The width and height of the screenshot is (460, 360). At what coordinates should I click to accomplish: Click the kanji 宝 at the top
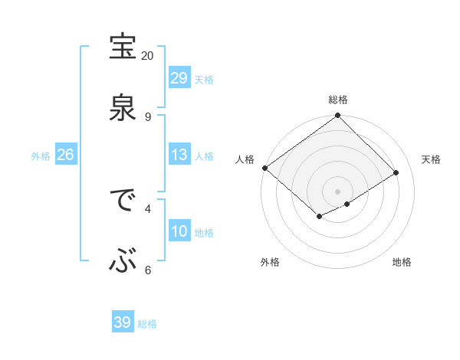[x=123, y=47]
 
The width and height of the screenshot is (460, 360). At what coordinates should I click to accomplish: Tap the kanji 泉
[x=123, y=107]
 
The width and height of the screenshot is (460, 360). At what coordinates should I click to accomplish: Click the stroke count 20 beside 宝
[x=147, y=55]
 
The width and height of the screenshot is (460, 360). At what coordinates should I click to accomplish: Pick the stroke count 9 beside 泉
[x=147, y=116]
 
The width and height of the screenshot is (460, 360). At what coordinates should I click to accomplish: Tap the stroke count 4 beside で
[x=148, y=208]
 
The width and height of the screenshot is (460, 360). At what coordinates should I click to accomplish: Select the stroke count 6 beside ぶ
[x=148, y=270]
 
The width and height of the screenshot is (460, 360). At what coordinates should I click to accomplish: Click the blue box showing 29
[x=179, y=78]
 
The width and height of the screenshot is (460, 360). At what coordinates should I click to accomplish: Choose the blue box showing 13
[x=179, y=155]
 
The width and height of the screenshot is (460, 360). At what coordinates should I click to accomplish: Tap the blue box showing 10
[x=179, y=231]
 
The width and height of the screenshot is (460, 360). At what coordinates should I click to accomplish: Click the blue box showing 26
[x=65, y=155]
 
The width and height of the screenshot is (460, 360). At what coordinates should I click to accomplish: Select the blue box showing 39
[x=123, y=322]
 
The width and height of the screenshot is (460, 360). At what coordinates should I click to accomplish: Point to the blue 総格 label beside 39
[x=147, y=324]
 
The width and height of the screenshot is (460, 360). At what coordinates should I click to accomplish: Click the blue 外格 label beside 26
[x=41, y=156]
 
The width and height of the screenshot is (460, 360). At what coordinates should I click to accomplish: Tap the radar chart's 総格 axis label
[x=338, y=100]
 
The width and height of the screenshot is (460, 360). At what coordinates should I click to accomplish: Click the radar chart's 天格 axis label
[x=431, y=159]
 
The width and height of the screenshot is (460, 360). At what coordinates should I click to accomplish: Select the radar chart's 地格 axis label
[x=402, y=262]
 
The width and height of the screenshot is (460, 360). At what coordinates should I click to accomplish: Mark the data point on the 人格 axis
[x=264, y=168]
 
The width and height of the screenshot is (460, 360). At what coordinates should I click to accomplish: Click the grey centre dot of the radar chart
[x=337, y=191]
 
